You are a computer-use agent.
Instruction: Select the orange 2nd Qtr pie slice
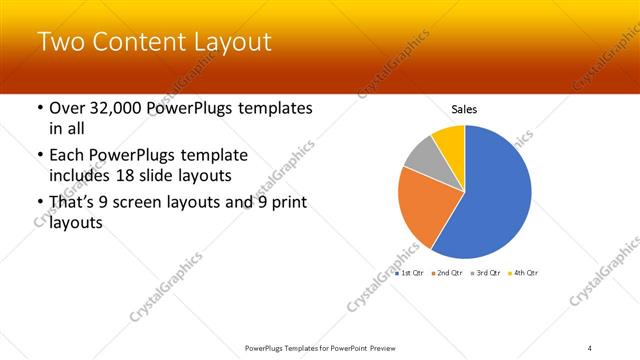421,206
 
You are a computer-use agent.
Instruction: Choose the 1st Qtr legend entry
411,272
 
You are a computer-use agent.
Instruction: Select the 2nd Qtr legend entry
447,272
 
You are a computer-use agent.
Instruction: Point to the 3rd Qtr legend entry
485,272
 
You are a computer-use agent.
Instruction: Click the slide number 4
590,347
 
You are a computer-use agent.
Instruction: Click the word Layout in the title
226,43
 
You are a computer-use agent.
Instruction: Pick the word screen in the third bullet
158,204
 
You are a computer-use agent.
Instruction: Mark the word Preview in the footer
375,347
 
